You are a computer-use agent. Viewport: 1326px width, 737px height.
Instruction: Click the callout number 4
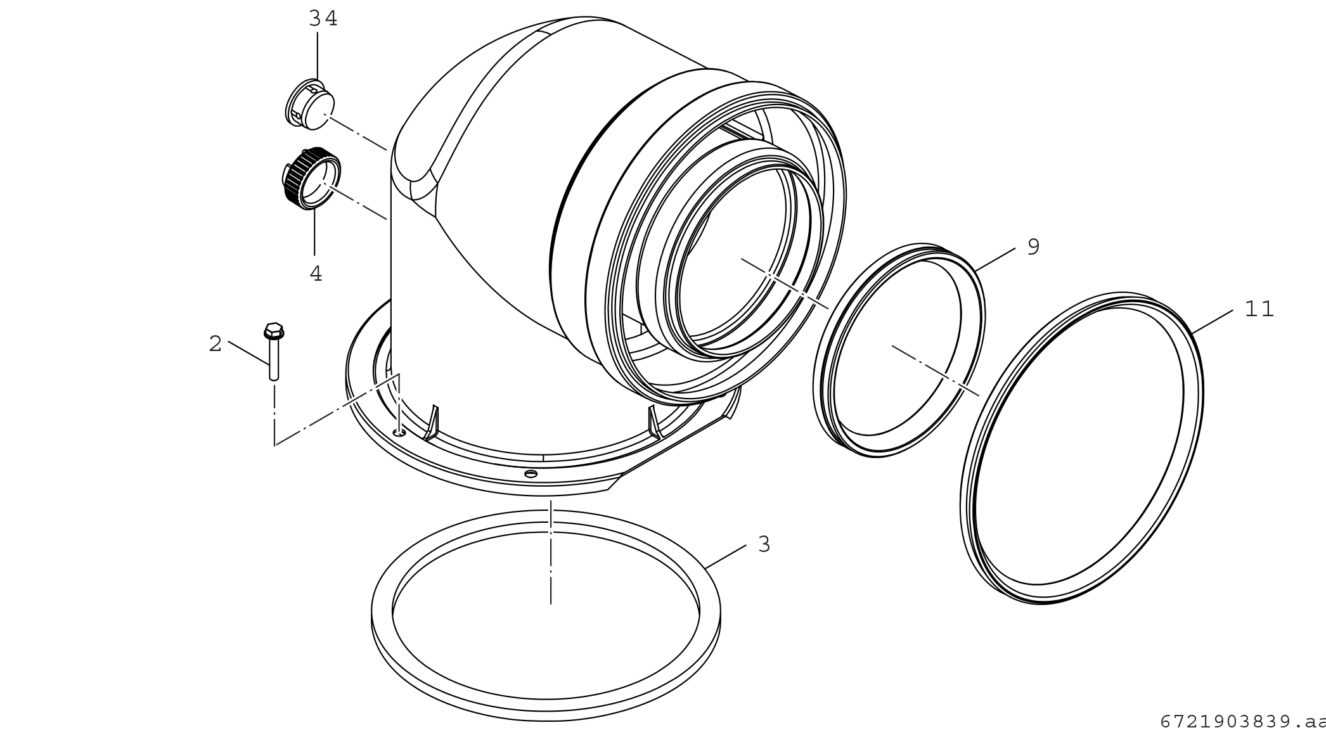(316, 274)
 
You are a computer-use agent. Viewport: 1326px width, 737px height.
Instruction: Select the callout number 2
(216, 344)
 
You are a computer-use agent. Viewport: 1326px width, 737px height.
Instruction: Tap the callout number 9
(1033, 247)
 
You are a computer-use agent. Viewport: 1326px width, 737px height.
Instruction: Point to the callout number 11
(1259, 309)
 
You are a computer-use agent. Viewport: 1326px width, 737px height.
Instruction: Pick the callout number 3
(764, 544)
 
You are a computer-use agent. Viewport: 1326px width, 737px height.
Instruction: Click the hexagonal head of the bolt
(274, 330)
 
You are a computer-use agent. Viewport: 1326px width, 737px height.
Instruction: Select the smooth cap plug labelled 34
(311, 106)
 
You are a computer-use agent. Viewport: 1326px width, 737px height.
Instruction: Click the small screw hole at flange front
(531, 473)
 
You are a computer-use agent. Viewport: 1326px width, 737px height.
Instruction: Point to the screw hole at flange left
(398, 432)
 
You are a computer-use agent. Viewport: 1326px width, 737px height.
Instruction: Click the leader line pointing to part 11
(1212, 322)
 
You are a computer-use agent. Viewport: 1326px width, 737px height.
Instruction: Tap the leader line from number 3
(726, 556)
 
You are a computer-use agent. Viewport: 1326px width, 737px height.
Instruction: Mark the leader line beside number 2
(248, 352)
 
